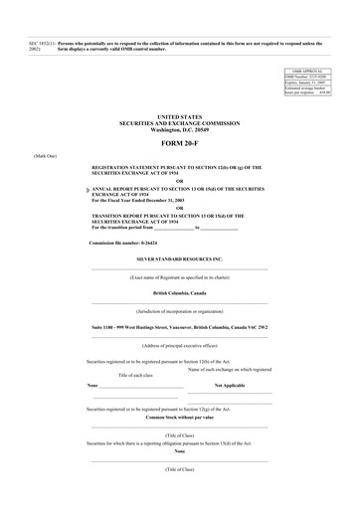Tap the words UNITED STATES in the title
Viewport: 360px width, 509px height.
[179, 117]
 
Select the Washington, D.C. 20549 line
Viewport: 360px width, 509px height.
[179, 130]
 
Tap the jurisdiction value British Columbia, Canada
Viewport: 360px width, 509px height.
[179, 294]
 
